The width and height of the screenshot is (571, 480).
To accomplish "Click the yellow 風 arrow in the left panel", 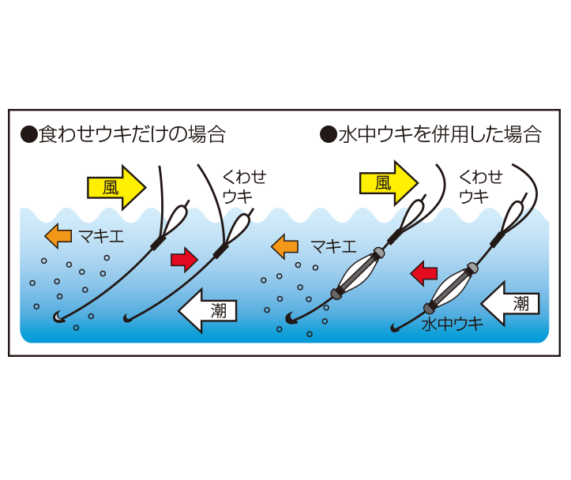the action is coord(117,188).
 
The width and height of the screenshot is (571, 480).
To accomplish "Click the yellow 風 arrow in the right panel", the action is coord(389,183).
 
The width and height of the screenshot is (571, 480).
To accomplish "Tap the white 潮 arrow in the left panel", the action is coord(208,311).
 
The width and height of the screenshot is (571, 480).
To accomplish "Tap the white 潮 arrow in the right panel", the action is coord(510,303).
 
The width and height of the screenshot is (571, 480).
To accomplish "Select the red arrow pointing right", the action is coord(184,260).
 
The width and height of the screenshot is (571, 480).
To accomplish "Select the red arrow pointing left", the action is coord(424,273).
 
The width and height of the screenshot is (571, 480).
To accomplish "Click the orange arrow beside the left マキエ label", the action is coord(58,236).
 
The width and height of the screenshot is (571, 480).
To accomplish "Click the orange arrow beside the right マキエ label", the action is coord(285,247).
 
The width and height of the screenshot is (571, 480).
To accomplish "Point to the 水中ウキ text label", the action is coord(452,324).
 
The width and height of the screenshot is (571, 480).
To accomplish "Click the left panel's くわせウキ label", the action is coord(244,186).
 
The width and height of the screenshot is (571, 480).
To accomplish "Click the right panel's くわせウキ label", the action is coord(481,186).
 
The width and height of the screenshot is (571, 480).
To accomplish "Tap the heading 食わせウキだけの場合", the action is coord(132,134).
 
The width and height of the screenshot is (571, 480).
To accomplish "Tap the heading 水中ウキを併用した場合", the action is coord(440,134).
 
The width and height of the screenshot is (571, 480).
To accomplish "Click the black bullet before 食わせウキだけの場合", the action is coord(29,134).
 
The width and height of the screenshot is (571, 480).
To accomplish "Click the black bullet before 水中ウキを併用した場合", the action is coord(329,134).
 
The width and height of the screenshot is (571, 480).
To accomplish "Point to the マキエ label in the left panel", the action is coord(101,237).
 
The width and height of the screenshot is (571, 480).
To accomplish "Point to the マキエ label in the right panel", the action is coord(333,247).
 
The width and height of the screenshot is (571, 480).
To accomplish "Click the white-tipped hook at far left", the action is coord(58,317).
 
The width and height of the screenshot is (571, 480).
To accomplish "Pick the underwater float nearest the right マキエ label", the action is coord(358,273).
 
